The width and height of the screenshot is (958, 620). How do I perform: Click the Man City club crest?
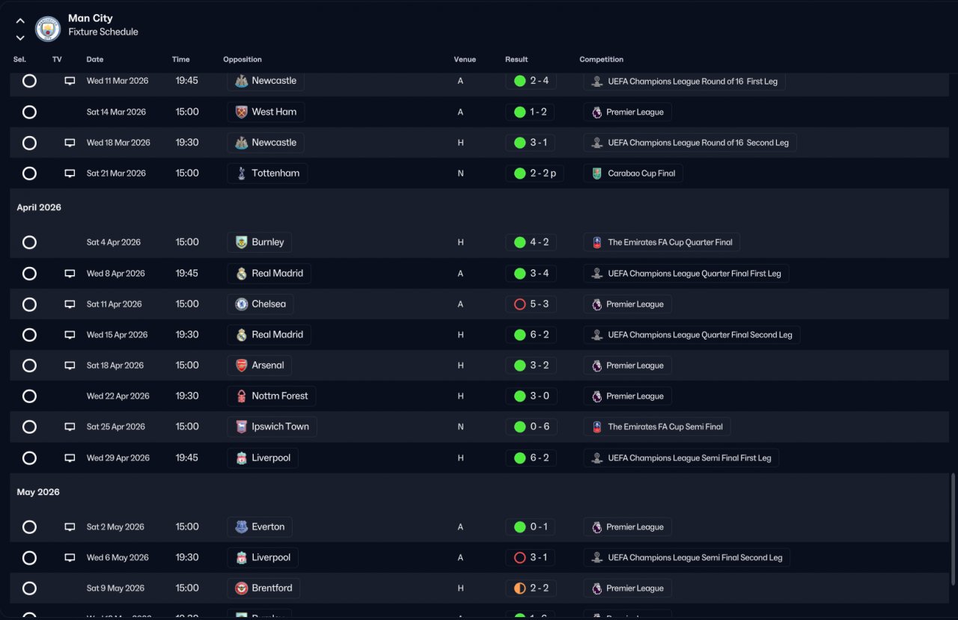click(48, 28)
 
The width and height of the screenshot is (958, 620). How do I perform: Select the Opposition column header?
click(242, 59)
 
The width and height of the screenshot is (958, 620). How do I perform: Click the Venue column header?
click(464, 59)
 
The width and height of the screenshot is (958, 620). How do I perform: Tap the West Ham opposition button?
click(266, 112)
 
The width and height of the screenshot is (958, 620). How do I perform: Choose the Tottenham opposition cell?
click(267, 174)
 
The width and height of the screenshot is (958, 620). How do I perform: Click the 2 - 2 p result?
click(534, 174)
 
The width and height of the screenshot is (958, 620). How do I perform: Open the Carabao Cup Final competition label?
click(633, 174)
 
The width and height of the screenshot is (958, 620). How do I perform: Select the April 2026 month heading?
click(39, 207)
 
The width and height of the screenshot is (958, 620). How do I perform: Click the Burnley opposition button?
click(259, 242)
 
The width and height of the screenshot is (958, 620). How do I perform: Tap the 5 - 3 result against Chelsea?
click(530, 304)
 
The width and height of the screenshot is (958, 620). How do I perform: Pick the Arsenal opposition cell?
click(259, 366)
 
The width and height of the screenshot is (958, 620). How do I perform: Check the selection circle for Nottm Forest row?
click(29, 396)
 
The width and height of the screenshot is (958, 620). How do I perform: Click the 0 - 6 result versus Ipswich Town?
click(530, 427)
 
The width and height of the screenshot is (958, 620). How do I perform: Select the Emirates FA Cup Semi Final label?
click(657, 427)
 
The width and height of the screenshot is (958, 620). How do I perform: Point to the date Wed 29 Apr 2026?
click(118, 458)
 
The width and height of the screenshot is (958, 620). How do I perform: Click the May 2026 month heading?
click(38, 492)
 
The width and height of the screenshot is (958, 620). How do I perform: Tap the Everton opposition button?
click(260, 527)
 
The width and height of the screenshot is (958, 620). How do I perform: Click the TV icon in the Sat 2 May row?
click(70, 527)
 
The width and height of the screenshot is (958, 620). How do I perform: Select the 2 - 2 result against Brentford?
click(530, 589)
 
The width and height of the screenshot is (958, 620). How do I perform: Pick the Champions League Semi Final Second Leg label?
click(686, 558)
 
